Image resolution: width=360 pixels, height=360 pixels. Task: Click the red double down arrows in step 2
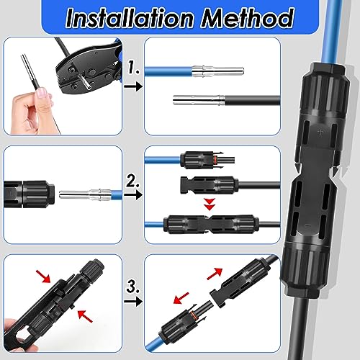tap(209, 205)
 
